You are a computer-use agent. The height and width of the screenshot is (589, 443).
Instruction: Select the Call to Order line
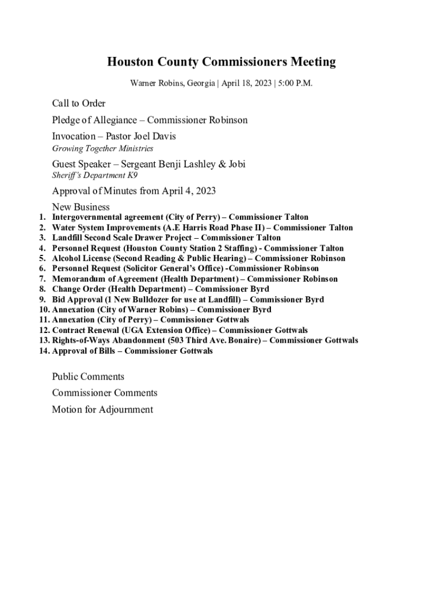point(79,104)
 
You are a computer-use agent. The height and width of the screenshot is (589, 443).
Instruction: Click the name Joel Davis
point(155,136)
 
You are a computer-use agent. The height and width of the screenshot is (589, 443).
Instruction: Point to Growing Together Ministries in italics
point(102,148)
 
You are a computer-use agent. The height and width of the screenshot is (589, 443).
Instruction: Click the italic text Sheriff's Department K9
point(95,175)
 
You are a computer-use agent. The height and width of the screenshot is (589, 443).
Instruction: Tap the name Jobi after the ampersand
point(235,164)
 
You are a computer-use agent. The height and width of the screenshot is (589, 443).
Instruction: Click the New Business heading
point(81,207)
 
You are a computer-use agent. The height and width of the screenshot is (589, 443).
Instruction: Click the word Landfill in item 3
point(68,238)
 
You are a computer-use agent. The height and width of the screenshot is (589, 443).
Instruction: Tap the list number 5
point(43,258)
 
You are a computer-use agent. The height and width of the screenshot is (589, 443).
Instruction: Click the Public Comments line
point(88,377)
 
